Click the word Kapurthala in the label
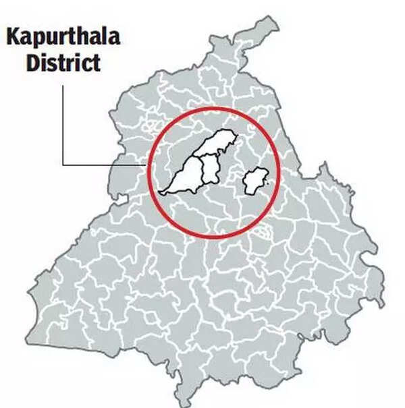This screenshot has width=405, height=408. (x=63, y=36)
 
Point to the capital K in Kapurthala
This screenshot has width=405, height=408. (x=13, y=36)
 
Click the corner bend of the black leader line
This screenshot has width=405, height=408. (x=63, y=165)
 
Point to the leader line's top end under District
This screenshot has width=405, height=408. (x=63, y=85)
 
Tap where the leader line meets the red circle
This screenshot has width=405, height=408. (x=148, y=165)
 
